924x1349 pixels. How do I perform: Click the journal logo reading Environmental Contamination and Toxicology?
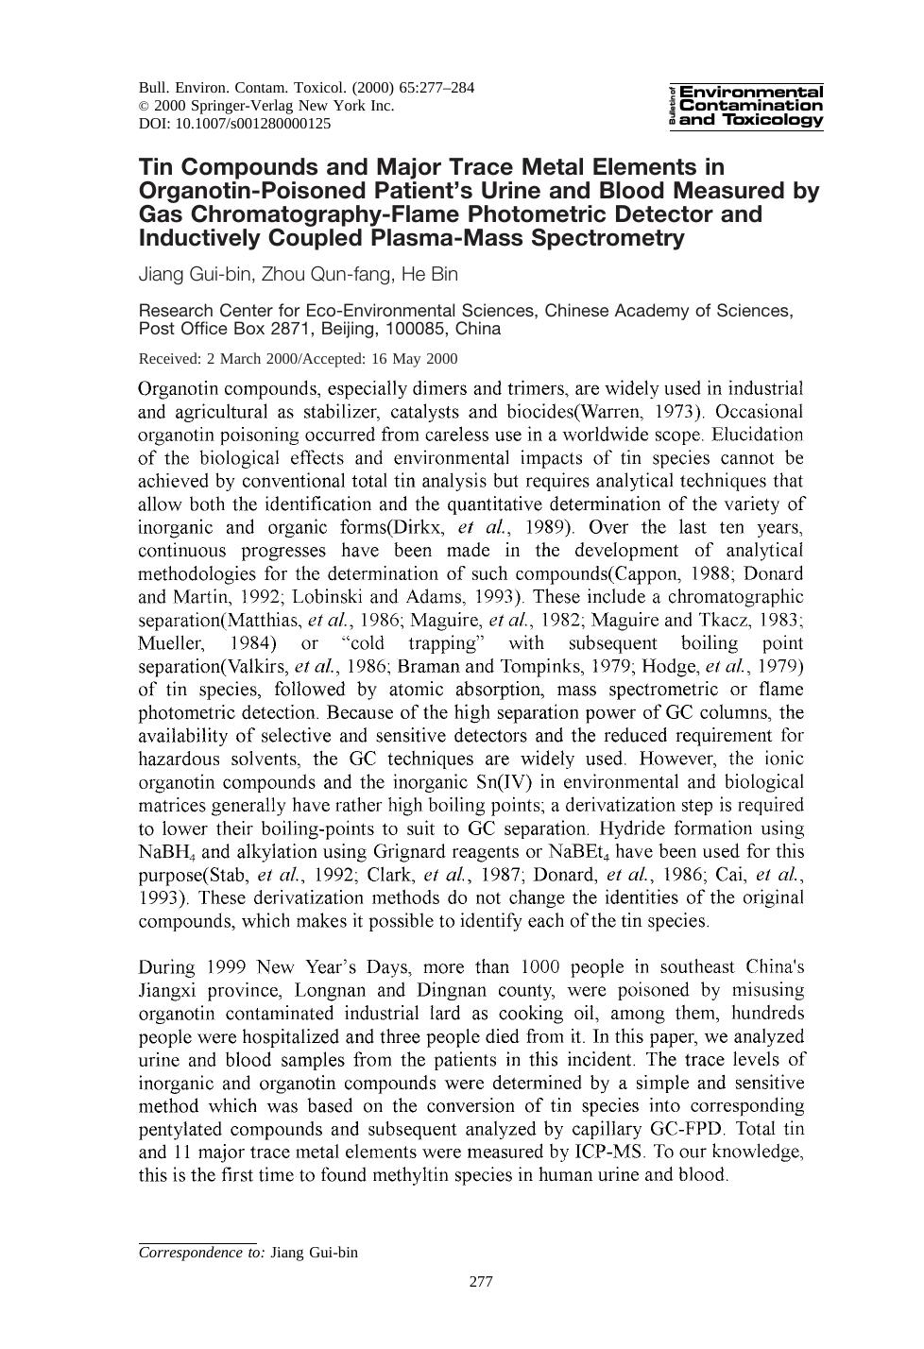(x=745, y=106)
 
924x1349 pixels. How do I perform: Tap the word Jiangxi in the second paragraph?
(x=168, y=991)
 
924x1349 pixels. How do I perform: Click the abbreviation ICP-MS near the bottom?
(x=607, y=1153)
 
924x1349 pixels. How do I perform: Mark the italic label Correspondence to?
(x=201, y=1253)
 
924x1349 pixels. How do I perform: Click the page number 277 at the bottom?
(x=481, y=1282)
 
